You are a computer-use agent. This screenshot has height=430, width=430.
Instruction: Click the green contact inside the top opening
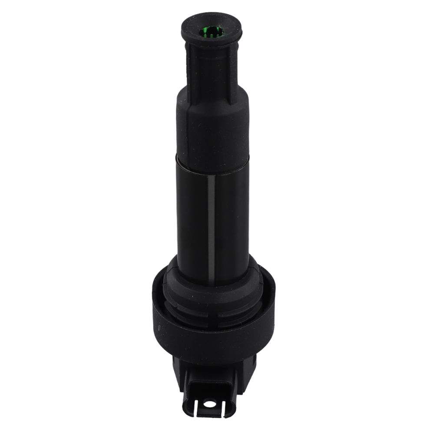tap(212, 32)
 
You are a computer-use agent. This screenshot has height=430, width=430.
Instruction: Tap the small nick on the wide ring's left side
tap(159, 327)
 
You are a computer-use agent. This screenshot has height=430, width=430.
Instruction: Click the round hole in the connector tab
tap(209, 404)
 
